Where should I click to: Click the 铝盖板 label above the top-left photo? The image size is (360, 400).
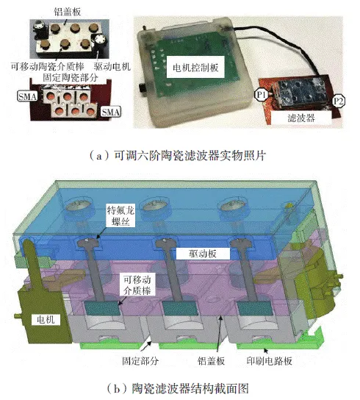(x=68, y=12)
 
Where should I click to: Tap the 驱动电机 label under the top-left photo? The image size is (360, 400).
(x=112, y=67)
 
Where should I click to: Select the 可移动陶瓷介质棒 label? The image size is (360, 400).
(x=48, y=67)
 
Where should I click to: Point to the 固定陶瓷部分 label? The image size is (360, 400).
(x=70, y=77)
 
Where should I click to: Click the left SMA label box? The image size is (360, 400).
(x=27, y=96)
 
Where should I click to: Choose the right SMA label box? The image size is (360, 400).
(x=111, y=112)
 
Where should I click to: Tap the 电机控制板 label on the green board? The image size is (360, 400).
(x=195, y=68)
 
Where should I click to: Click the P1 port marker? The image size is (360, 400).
(x=262, y=95)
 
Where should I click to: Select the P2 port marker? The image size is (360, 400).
(x=339, y=101)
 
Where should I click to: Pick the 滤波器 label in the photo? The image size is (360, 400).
(x=301, y=118)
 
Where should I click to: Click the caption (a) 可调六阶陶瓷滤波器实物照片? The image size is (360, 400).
(x=178, y=156)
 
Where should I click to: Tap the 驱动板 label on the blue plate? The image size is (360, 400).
(x=203, y=254)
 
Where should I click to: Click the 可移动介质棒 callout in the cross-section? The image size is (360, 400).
(x=137, y=285)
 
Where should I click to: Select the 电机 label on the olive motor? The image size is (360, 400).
(x=46, y=319)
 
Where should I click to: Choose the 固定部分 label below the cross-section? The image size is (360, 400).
(x=140, y=361)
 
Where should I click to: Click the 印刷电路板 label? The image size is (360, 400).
(x=269, y=361)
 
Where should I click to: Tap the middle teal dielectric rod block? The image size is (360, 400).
(x=181, y=308)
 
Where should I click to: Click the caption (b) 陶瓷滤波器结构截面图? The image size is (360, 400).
(x=178, y=388)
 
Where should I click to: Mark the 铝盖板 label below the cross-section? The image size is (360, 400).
(x=211, y=361)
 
